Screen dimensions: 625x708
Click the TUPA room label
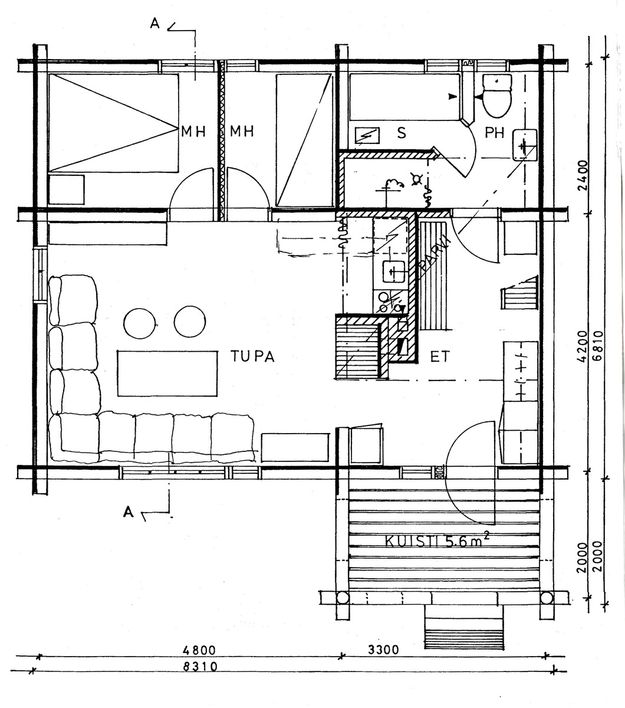252,356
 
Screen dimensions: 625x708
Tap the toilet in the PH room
497,96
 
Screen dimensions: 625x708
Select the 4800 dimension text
199,650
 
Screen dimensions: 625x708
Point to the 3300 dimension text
383,650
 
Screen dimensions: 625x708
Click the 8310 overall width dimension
200,667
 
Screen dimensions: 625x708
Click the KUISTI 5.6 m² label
437,541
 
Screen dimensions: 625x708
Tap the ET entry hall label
440,357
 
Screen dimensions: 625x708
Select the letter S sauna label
402,133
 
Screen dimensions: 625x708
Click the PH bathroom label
494,133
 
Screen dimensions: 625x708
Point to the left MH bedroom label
193,132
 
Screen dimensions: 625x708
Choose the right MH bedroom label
242,132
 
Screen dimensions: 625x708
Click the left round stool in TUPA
140,323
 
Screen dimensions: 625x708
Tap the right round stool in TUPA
190,322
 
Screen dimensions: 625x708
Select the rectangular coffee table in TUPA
167,373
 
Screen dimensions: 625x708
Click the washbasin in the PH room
525,145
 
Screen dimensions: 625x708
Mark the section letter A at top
154,24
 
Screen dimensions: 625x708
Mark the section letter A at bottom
129,512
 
